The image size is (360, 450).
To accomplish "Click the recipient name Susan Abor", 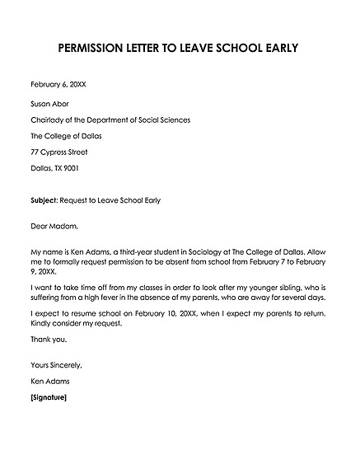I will pyautogui.click(x=50, y=104).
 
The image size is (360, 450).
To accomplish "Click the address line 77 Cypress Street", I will pyautogui.click(x=63, y=152).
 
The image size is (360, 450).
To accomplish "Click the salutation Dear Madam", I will pyautogui.click(x=53, y=225).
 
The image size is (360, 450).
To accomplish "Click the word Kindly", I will pyautogui.click(x=43, y=326).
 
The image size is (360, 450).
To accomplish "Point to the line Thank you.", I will pyautogui.click(x=48, y=340).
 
